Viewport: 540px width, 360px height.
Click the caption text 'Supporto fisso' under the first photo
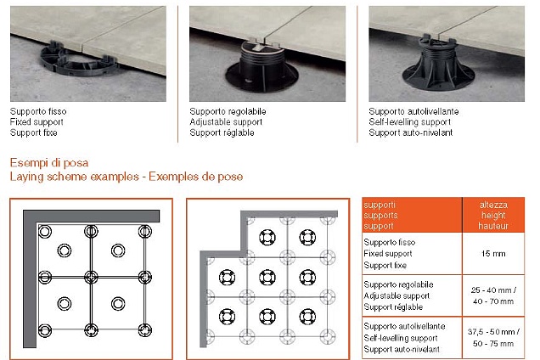pyautogui.click(x=38, y=111)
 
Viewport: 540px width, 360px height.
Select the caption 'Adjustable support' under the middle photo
pyautogui.click(x=225, y=121)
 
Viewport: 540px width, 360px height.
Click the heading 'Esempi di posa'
pyautogui.click(x=49, y=162)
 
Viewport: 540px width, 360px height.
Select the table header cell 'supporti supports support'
pyautogui.click(x=412, y=216)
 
